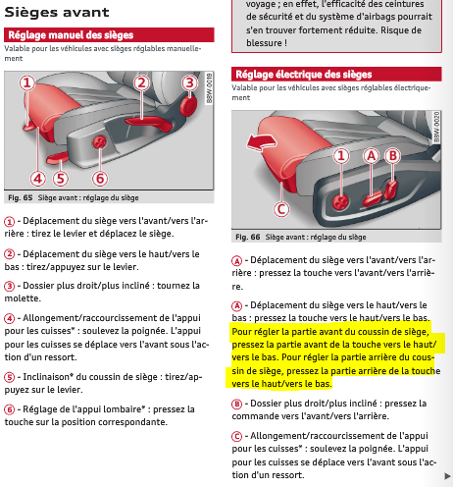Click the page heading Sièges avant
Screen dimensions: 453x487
tap(57, 12)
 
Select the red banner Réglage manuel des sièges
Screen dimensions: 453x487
tap(109, 34)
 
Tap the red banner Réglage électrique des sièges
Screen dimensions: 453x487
tap(336, 74)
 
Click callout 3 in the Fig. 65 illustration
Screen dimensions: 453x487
tap(189, 83)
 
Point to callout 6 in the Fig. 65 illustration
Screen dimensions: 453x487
tap(100, 179)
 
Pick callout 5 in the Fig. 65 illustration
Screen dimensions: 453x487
tap(61, 179)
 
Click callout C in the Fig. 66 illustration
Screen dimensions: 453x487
tap(281, 209)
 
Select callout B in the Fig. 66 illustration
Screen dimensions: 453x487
tap(392, 156)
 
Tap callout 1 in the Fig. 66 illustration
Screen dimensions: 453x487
tap(341, 156)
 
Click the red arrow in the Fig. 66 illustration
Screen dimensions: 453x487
tap(261, 142)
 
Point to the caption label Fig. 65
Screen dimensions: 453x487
tap(21, 197)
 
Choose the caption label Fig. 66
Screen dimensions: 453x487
tap(248, 237)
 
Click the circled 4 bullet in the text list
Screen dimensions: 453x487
tap(9, 318)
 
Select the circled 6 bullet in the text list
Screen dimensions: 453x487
tap(9, 409)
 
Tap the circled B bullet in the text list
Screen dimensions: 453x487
tap(236, 404)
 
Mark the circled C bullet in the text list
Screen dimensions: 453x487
tap(236, 436)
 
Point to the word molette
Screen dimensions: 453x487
tap(22, 298)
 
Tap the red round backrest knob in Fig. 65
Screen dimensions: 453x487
tap(188, 106)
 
